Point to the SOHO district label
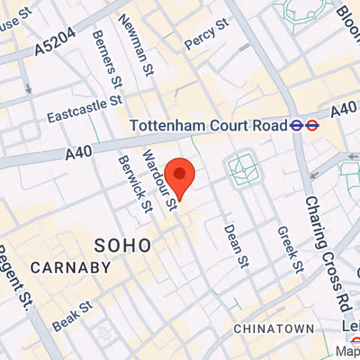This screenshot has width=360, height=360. (x=123, y=244)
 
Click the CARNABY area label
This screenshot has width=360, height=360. (x=70, y=267)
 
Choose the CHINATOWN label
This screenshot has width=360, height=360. (x=274, y=329)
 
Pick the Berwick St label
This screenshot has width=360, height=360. (x=135, y=184)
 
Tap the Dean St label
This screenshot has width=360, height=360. (x=236, y=246)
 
